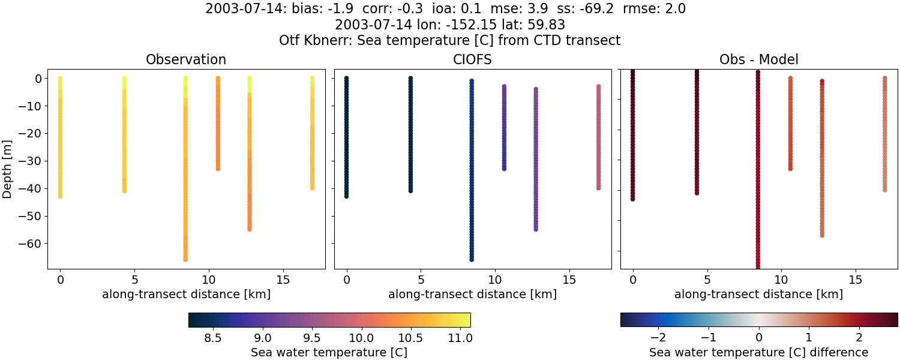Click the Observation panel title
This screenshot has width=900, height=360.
(186, 60)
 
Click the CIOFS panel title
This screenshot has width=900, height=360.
(473, 60)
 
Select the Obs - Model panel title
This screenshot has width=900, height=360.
(758, 60)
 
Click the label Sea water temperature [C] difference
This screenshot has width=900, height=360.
(758, 352)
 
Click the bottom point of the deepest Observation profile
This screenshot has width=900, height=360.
(185, 259)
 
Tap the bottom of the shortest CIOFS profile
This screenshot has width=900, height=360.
(504, 169)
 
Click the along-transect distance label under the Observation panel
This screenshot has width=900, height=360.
(186, 294)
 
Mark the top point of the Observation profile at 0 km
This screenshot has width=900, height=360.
(60, 78)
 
